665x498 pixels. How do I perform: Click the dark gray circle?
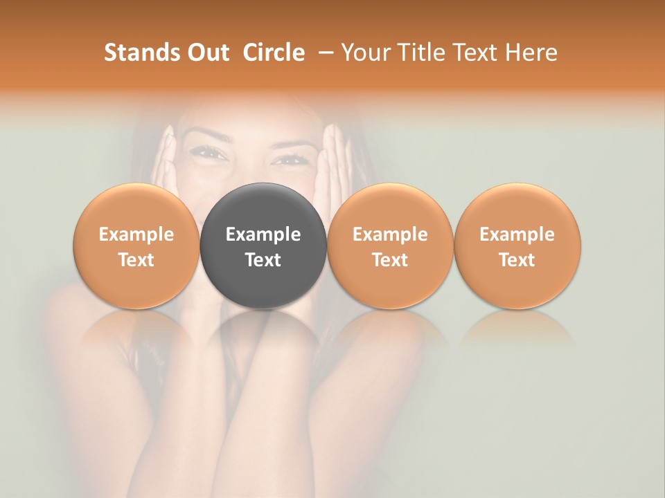pos(263,246)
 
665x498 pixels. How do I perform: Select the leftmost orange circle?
pos(136,246)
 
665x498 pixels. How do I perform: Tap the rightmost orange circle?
pos(517,246)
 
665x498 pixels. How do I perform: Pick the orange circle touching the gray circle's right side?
pos(390,246)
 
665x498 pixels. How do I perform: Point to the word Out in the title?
pos(206,53)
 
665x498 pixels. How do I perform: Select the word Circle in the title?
pos(274,53)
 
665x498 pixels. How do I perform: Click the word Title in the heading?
pos(424,53)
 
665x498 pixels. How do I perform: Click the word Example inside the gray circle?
pos(263,234)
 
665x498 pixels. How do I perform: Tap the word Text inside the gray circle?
pos(263,260)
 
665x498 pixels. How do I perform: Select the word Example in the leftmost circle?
pos(136,234)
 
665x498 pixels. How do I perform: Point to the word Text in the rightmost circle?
pos(517,260)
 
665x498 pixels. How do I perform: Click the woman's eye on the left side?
pos(212,154)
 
